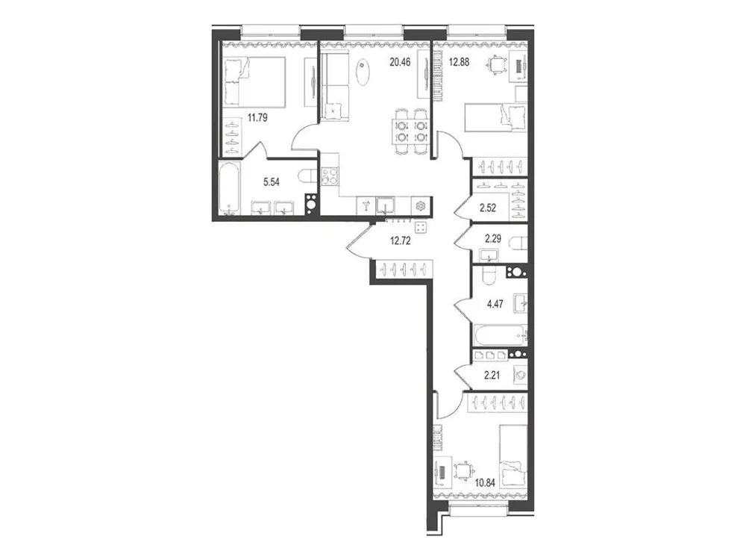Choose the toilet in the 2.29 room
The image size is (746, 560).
[520, 243]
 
